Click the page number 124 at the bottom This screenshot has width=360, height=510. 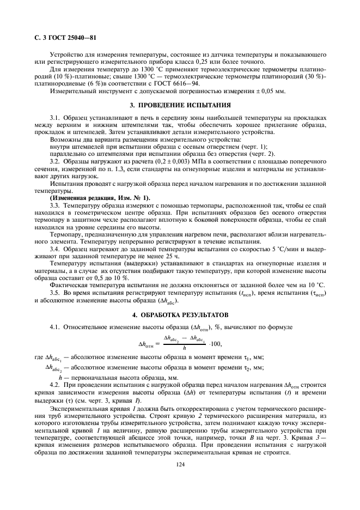pos(180,480)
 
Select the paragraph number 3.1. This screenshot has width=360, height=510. pos(55,117)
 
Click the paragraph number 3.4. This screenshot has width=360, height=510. pos(55,248)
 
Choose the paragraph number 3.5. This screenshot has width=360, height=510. pos(55,293)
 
